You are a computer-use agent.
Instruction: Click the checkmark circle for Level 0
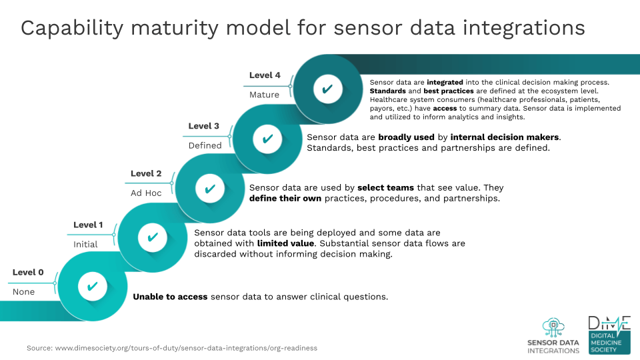point(93,287)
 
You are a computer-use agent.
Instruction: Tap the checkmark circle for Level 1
point(153,237)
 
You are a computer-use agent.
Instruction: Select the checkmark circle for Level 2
point(210,189)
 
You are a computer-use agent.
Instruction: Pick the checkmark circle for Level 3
point(267,139)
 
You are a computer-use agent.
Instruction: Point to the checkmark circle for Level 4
point(328,89)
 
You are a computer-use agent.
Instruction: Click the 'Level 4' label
point(265,75)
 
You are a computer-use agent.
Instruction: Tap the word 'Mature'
point(264,95)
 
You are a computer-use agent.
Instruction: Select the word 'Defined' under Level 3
point(205,145)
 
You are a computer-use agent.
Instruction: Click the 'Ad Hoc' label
point(146,193)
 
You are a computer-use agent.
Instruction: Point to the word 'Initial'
point(85,245)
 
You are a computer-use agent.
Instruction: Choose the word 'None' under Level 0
point(24,292)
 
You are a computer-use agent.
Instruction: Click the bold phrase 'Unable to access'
point(170,297)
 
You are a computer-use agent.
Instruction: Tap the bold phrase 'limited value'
point(286,243)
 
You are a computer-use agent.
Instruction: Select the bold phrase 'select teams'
point(386,188)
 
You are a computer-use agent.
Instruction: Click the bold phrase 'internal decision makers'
point(505,137)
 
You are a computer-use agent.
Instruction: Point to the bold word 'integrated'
point(445,83)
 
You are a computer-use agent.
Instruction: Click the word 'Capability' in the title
point(72,29)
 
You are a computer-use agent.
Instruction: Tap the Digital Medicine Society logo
point(609,335)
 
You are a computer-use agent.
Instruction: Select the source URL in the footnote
point(186,348)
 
